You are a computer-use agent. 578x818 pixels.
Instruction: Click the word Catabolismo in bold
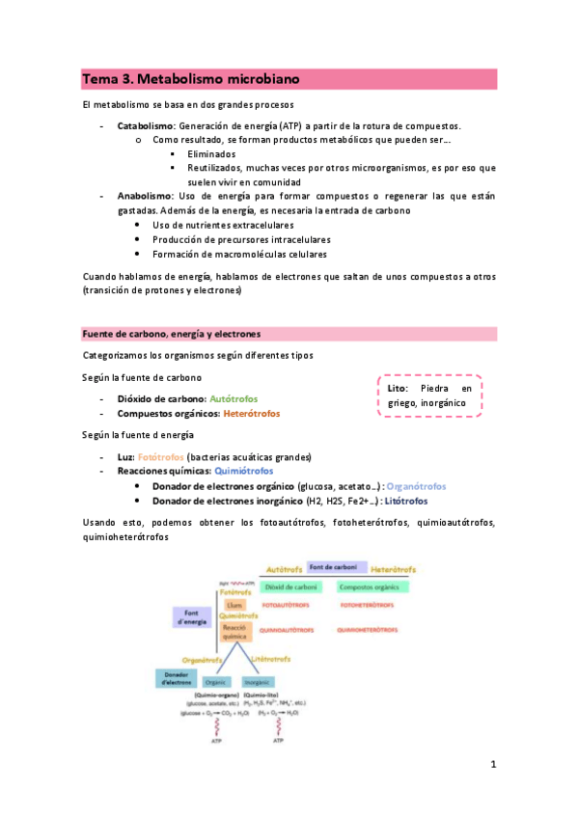pos(145,126)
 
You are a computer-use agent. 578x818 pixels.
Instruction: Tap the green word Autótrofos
pos(234,398)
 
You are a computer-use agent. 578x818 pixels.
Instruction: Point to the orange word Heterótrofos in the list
pos(251,414)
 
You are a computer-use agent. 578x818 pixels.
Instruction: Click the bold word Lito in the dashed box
pos(390,388)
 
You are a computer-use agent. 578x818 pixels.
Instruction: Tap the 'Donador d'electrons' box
pos(177,679)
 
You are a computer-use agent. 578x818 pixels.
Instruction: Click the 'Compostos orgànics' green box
pos(372,586)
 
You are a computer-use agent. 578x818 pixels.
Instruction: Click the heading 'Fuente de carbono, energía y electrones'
pos(172,334)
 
